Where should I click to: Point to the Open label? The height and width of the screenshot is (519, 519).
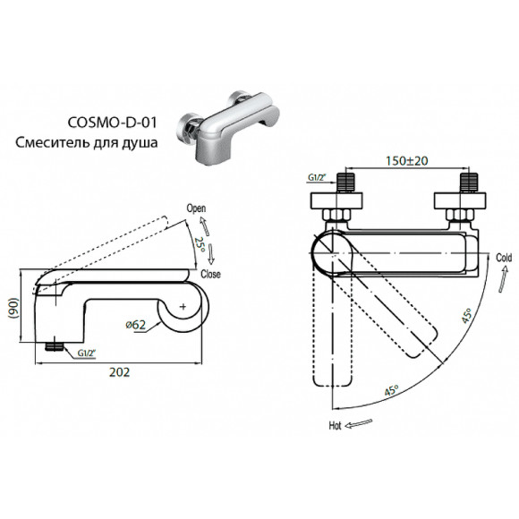(196, 208)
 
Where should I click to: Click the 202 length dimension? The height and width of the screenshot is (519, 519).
(116, 372)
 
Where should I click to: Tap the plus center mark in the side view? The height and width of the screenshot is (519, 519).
(183, 307)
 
